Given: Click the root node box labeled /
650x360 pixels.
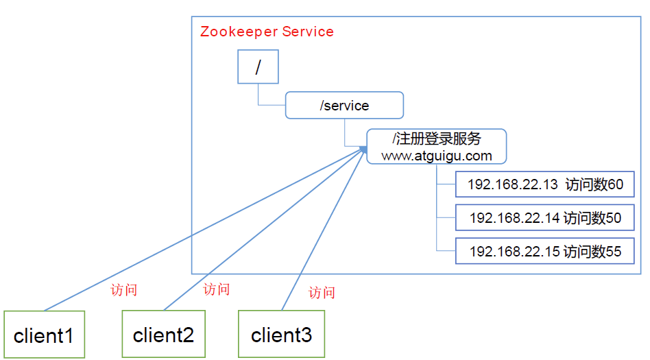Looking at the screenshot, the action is click(x=258, y=67).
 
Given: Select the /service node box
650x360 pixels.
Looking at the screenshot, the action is click(x=344, y=106).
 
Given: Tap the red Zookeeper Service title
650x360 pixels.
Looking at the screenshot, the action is click(x=267, y=32).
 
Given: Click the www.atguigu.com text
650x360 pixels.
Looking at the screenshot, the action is click(x=437, y=156).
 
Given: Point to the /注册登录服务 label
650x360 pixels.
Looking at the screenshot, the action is click(x=437, y=139).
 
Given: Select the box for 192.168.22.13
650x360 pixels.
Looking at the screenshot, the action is click(x=544, y=184).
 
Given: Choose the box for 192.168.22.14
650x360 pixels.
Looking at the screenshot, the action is click(x=544, y=218).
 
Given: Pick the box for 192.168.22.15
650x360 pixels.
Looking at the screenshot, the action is click(x=544, y=251).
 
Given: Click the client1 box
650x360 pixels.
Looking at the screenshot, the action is click(x=44, y=335).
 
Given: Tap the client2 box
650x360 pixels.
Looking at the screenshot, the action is click(x=163, y=335).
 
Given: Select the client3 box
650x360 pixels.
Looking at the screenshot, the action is click(x=281, y=335).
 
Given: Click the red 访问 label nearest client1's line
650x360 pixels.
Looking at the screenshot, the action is click(x=124, y=289).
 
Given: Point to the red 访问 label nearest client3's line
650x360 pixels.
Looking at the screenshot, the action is click(x=322, y=292).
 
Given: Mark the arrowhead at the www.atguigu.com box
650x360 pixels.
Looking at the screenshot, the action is click(x=363, y=149).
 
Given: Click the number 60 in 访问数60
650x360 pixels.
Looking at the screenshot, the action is click(x=615, y=184).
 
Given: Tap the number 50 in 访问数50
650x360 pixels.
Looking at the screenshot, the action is click(x=613, y=218).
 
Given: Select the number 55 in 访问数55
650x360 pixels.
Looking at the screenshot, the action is click(x=613, y=252).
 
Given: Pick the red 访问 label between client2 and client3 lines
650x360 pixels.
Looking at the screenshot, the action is click(x=217, y=289).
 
